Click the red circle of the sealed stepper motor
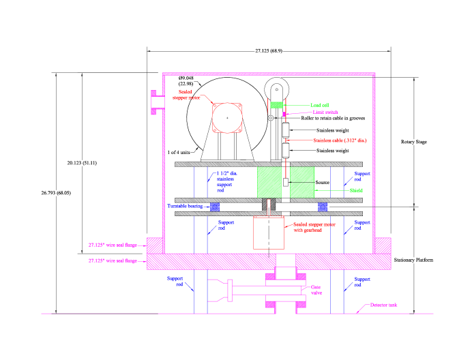pos(227,118)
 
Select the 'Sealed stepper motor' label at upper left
pos(186,95)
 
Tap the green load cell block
pos(276,104)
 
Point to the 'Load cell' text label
pos(320,105)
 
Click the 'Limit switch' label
pos(325,112)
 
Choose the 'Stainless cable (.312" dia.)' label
pos(340,140)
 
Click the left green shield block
pos(269,182)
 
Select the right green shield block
pos(302,182)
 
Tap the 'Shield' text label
pos(356,190)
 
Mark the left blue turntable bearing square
pos(215,207)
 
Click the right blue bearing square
pos(323,207)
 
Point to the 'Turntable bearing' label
pos(185,206)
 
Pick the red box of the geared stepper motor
pos(269,232)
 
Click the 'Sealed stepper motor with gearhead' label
pos(314,227)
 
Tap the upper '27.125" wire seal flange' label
pos(113,245)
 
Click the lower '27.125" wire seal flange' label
pos(113,260)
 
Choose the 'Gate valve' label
pos(316,290)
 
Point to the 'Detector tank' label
pos(383,305)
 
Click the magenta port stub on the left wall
pos(157,102)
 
